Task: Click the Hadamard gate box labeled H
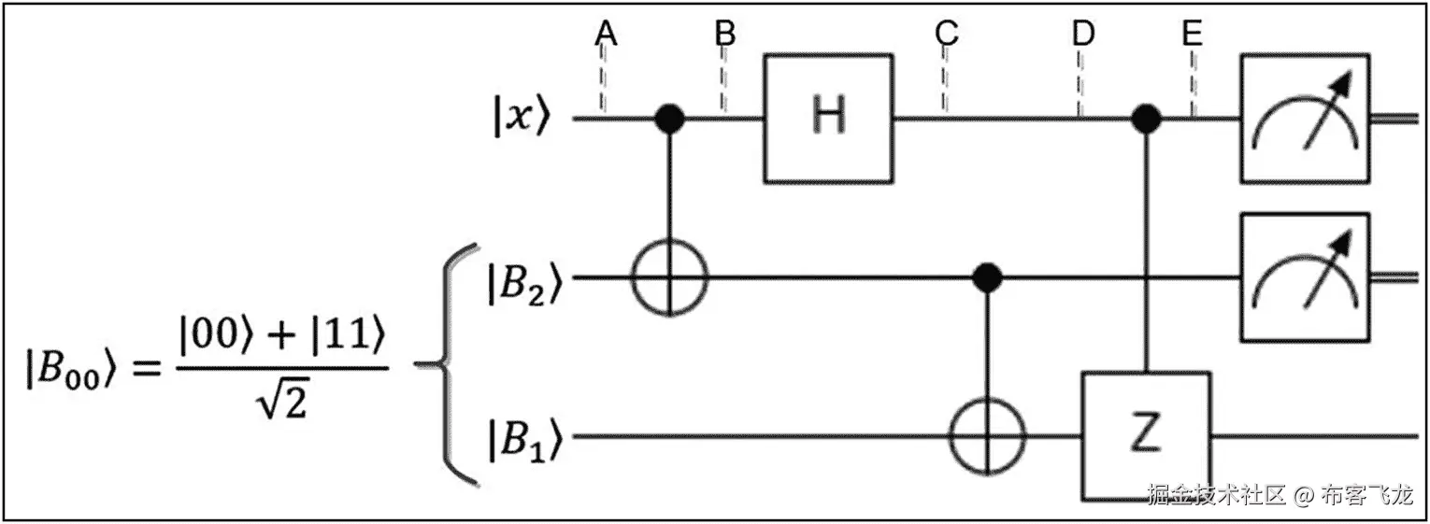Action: click(x=829, y=118)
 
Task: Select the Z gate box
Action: click(x=1147, y=435)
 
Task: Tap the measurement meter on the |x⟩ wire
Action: click(x=1305, y=118)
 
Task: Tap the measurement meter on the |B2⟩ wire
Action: click(x=1305, y=276)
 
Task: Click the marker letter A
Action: click(x=607, y=34)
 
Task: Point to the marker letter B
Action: click(x=725, y=34)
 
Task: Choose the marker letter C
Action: click(x=946, y=34)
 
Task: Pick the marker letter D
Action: click(x=1082, y=34)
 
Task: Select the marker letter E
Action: click(x=1192, y=34)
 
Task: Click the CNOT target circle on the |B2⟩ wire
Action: click(x=669, y=276)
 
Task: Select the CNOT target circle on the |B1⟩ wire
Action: click(x=987, y=435)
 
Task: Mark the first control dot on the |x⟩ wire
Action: click(x=669, y=119)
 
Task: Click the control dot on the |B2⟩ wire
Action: click(x=987, y=276)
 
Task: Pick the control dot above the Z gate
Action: click(x=1146, y=119)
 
